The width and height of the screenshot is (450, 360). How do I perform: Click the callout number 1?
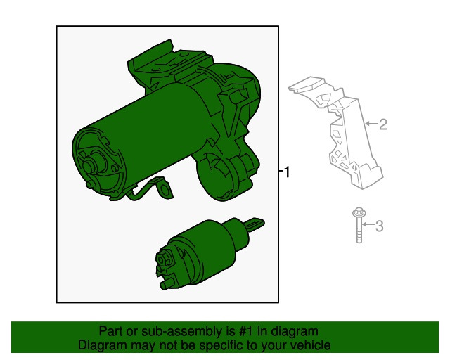(x=287, y=172)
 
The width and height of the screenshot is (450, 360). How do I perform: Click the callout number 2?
(x=382, y=124)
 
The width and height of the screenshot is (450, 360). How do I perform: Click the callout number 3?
(x=380, y=226)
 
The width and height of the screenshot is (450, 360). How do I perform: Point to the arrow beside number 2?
(x=371, y=124)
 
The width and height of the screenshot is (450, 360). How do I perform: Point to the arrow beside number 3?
(x=368, y=224)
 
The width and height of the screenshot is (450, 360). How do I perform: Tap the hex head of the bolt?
(x=359, y=213)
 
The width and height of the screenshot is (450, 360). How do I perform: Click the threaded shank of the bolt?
(x=359, y=230)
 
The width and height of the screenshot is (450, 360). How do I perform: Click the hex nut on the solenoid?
(x=162, y=259)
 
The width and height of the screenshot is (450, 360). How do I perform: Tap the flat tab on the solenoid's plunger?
(x=255, y=224)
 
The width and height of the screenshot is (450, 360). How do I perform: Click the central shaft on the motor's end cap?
(x=89, y=165)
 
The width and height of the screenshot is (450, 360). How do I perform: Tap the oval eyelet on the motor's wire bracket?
(x=165, y=191)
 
